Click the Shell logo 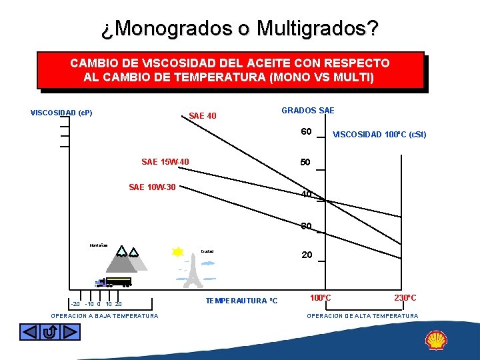pyautogui.click(x=436, y=341)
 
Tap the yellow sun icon pyautogui.click(x=177, y=252)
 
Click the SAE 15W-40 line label pyautogui.click(x=165, y=162)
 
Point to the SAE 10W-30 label pyautogui.click(x=152, y=187)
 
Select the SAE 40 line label pyautogui.click(x=203, y=116)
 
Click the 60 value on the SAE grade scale pyautogui.click(x=307, y=131)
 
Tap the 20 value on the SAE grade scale pyautogui.click(x=307, y=255)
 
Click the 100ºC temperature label pyautogui.click(x=321, y=297)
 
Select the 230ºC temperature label pyautogui.click(x=405, y=297)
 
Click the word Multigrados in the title pyautogui.click(x=317, y=29)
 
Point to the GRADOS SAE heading pyautogui.click(x=308, y=111)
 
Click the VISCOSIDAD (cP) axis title pyautogui.click(x=61, y=113)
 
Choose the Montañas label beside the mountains pyautogui.click(x=99, y=246)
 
